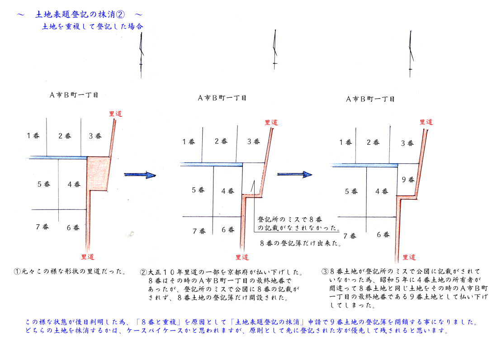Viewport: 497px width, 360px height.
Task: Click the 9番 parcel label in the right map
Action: (x=408, y=180)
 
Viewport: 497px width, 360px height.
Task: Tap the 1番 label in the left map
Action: (x=33, y=136)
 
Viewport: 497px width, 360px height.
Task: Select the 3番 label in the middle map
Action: (x=254, y=142)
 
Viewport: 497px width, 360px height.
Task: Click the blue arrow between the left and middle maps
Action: (x=140, y=175)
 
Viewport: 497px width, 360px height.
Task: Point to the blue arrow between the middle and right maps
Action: (x=294, y=174)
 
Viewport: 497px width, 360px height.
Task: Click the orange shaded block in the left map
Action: (x=98, y=174)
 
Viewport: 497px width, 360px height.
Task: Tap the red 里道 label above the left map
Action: (x=115, y=114)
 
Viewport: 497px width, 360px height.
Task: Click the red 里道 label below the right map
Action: (x=409, y=257)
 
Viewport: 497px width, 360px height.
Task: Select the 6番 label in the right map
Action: (x=383, y=235)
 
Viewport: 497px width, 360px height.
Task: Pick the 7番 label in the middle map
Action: (x=199, y=231)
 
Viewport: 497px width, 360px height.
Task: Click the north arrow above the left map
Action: (x=142, y=55)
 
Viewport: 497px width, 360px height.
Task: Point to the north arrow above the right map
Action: (x=411, y=54)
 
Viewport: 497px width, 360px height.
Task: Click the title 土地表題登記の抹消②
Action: (x=80, y=14)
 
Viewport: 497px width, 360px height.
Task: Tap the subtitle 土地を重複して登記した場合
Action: (x=93, y=26)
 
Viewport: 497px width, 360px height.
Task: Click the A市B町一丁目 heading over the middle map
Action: (x=222, y=98)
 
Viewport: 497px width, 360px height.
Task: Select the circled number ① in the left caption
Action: (x=17, y=271)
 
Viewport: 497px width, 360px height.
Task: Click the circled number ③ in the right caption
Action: (x=325, y=271)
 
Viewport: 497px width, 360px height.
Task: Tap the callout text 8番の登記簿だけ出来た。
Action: (x=300, y=243)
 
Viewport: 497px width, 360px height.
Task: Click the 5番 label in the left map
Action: (x=44, y=184)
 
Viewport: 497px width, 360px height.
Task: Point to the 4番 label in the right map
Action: (x=382, y=191)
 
